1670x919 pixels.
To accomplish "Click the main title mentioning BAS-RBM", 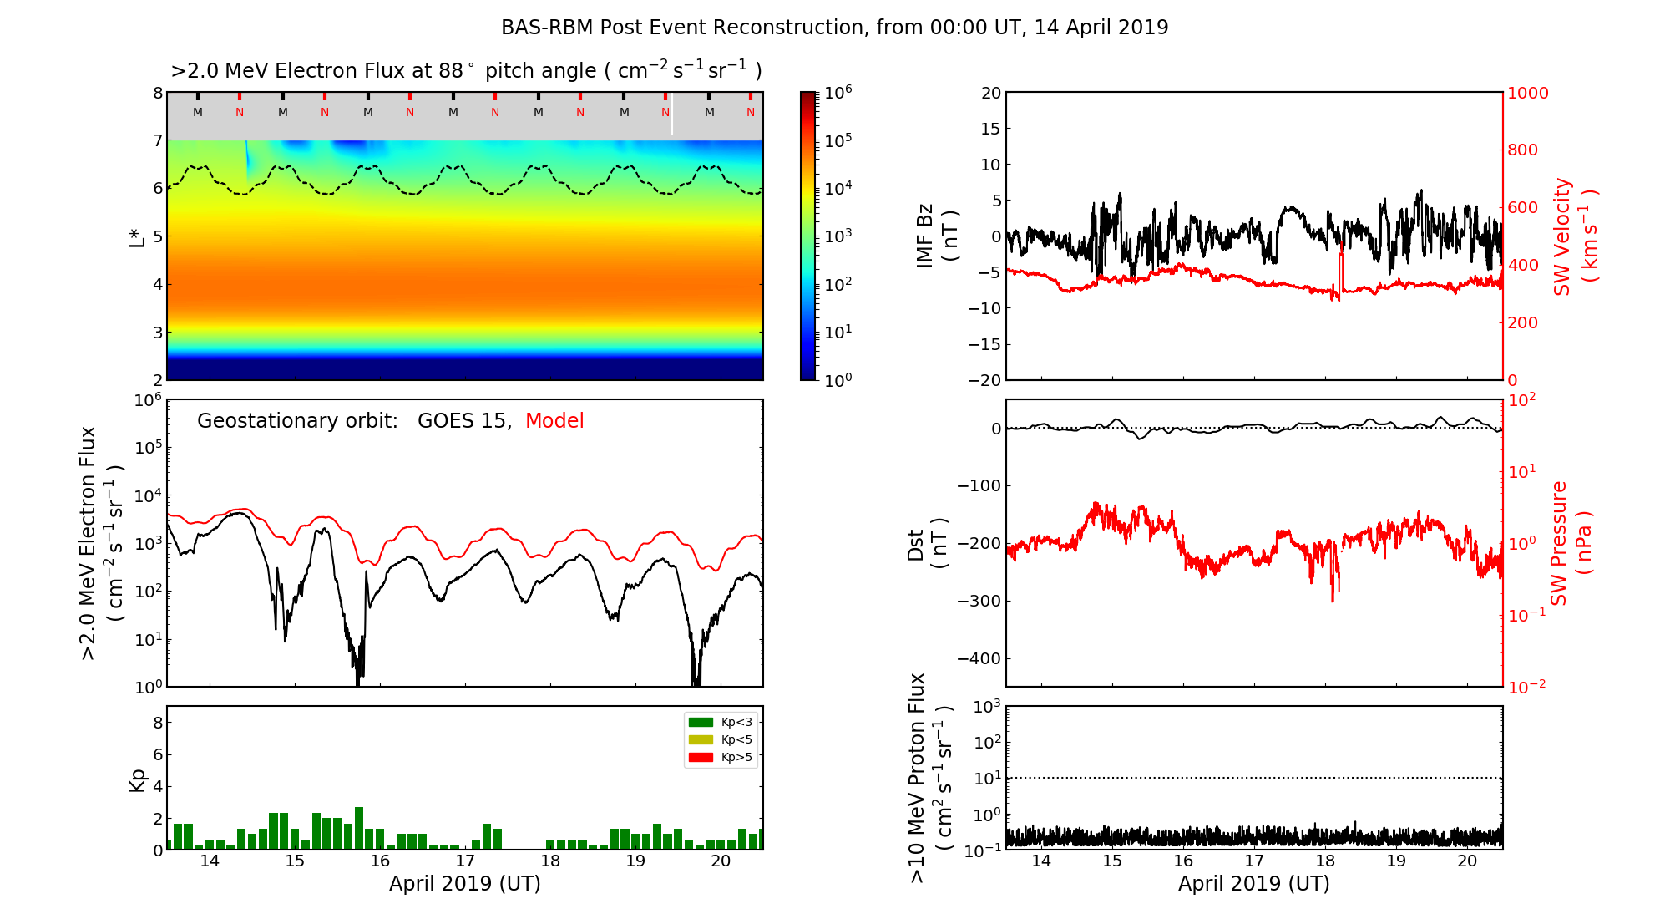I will point(834,28).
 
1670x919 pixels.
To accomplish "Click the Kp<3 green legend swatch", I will point(701,722).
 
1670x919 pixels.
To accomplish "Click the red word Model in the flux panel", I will point(554,421).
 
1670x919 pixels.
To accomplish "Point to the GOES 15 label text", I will point(463,421).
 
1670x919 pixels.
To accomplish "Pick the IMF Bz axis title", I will point(937,236).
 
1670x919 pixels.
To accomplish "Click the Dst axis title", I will point(927,543).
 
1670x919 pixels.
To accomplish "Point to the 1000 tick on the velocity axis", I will point(1527,93).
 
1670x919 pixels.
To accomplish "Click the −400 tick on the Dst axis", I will point(979,658).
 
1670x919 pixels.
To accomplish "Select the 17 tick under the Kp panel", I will point(465,861).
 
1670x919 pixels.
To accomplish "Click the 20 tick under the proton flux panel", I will point(1467,861).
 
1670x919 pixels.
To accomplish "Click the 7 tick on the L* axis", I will point(158,140).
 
